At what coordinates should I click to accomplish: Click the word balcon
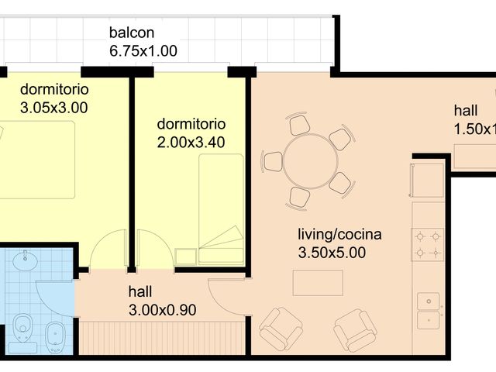pyautogui.click(x=132, y=33)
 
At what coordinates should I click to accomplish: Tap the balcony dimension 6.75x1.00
pyautogui.click(x=143, y=51)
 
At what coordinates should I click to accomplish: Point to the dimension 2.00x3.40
pyautogui.click(x=191, y=142)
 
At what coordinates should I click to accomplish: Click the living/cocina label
pyautogui.click(x=339, y=234)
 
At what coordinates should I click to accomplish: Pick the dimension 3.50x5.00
pyautogui.click(x=332, y=252)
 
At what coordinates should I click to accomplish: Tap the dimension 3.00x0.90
pyautogui.click(x=162, y=310)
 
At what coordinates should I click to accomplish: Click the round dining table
pyautogui.click(x=310, y=162)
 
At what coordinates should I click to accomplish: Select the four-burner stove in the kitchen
pyautogui.click(x=428, y=244)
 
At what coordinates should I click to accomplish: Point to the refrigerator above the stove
pyautogui.click(x=425, y=180)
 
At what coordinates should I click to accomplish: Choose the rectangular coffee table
pyautogui.click(x=318, y=283)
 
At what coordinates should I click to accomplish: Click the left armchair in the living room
pyautogui.click(x=281, y=328)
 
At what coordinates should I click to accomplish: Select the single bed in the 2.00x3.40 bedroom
pyautogui.click(x=222, y=209)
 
